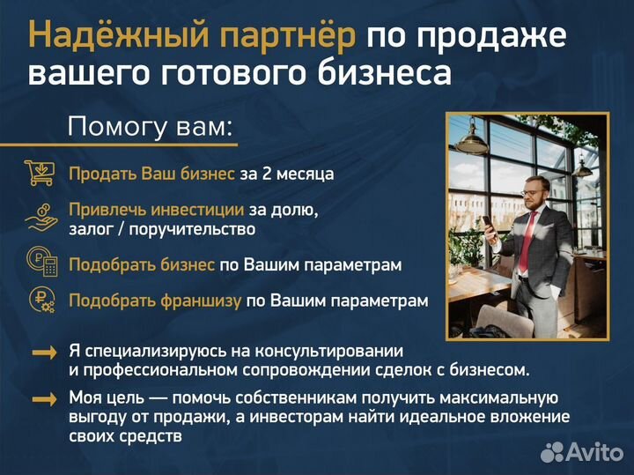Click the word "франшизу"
coord(200,301)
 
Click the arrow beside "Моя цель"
coord(44,399)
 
